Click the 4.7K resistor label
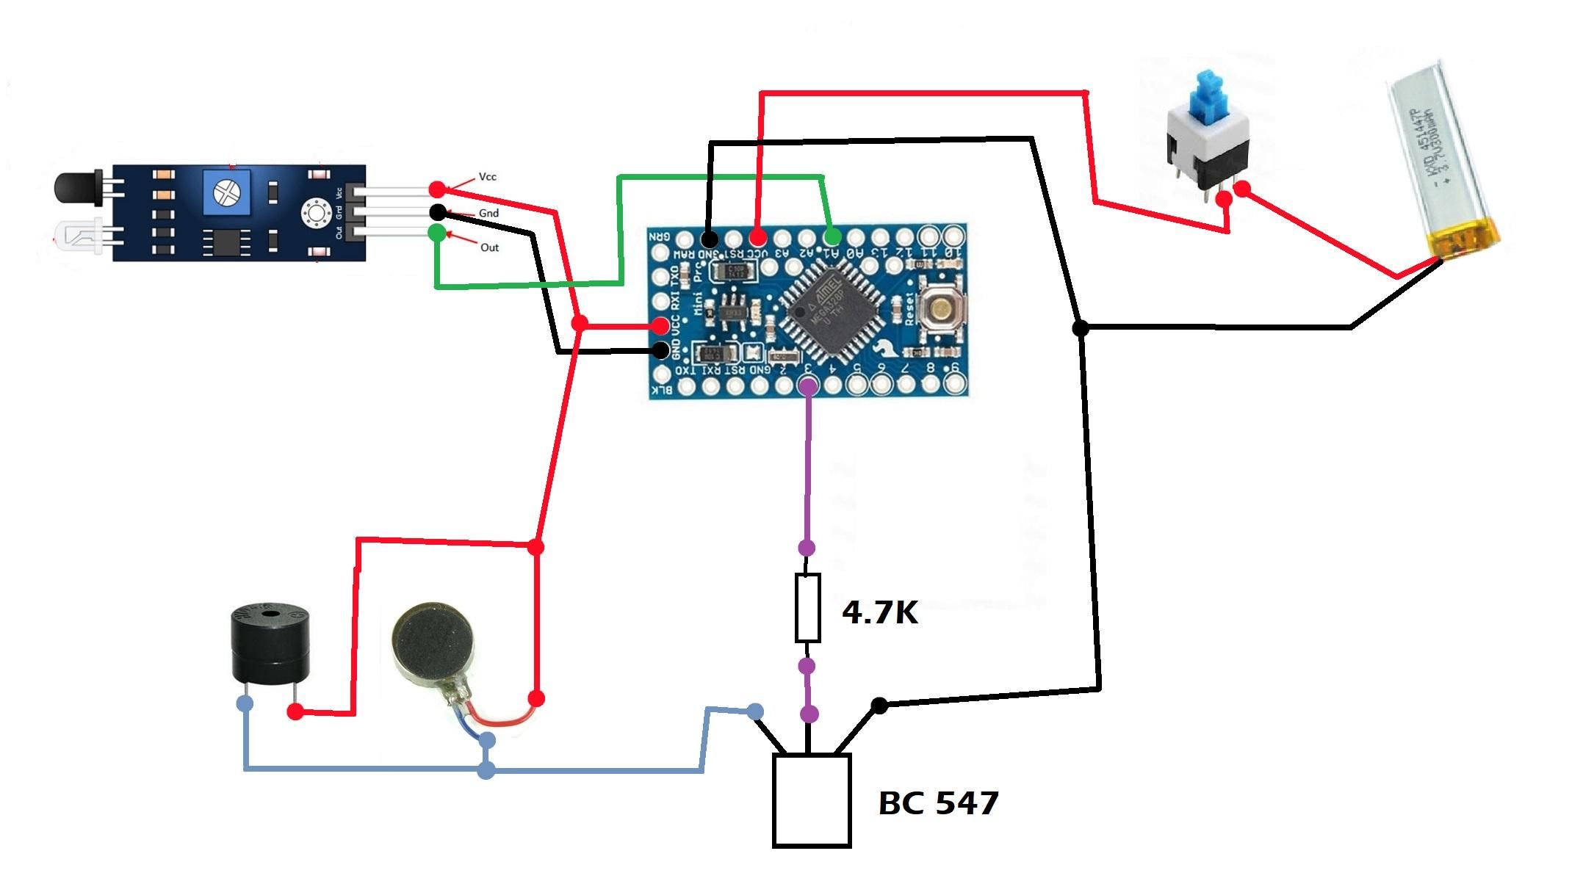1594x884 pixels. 879,612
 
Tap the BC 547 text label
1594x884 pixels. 938,803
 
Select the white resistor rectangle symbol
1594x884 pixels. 807,609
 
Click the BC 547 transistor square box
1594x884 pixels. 811,800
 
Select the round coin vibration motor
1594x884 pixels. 434,645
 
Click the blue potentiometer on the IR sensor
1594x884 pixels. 226,193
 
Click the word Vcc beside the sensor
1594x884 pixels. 487,177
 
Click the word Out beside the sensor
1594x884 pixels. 489,247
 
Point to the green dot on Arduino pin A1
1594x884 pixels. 832,237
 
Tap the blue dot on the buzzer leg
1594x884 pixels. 245,703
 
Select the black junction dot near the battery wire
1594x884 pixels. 1080,328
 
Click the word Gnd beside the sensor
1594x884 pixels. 488,213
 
